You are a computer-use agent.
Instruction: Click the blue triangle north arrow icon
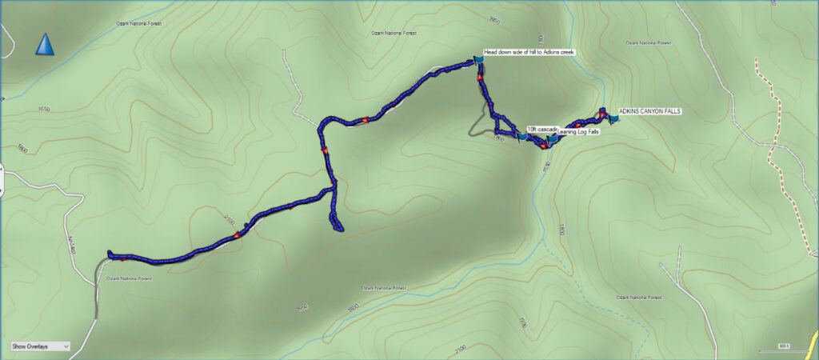pos(45,45)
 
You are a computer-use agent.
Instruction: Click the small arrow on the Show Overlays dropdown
pos(66,346)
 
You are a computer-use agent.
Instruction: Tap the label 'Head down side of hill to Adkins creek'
pos(529,52)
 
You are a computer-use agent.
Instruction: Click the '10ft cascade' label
pos(541,128)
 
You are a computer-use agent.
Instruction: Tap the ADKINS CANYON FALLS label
pos(649,111)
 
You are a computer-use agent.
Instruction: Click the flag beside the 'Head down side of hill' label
pos(478,58)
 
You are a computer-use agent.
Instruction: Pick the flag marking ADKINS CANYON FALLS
pos(613,118)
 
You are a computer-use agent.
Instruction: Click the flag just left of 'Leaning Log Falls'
pos(552,140)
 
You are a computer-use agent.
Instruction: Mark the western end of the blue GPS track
pos(109,255)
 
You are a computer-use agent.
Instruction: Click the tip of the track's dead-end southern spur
pos(338,230)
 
